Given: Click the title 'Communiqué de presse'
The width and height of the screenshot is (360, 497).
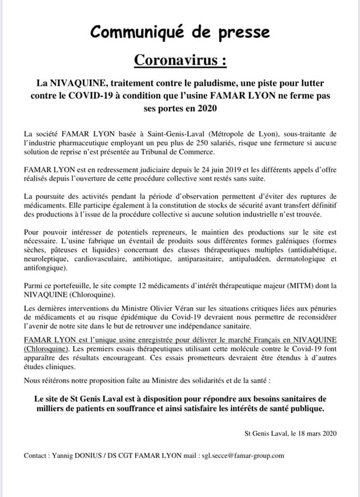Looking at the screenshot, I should pyautogui.click(x=180, y=32).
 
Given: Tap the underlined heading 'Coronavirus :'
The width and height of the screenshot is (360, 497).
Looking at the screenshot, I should pyautogui.click(x=180, y=60).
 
